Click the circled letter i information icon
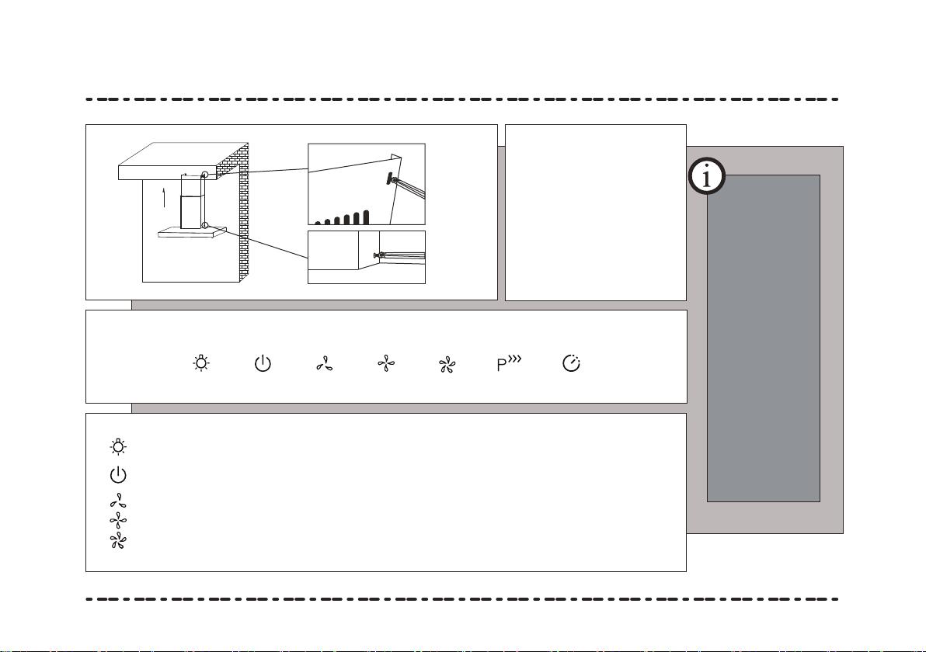point(707,176)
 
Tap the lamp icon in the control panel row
point(201,363)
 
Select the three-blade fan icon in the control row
point(324,363)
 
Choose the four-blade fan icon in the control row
point(386,363)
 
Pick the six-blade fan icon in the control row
point(447,365)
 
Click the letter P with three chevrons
point(509,363)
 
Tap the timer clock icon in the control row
point(571,363)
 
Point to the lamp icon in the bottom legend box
point(118,446)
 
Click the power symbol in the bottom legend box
point(118,474)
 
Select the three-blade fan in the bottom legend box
point(118,501)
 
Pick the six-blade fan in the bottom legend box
point(118,540)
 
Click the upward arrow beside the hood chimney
point(164,198)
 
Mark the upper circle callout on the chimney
point(204,175)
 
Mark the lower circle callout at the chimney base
point(204,225)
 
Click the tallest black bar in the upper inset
point(366,217)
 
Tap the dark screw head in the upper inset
point(390,179)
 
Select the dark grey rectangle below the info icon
point(764,338)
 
